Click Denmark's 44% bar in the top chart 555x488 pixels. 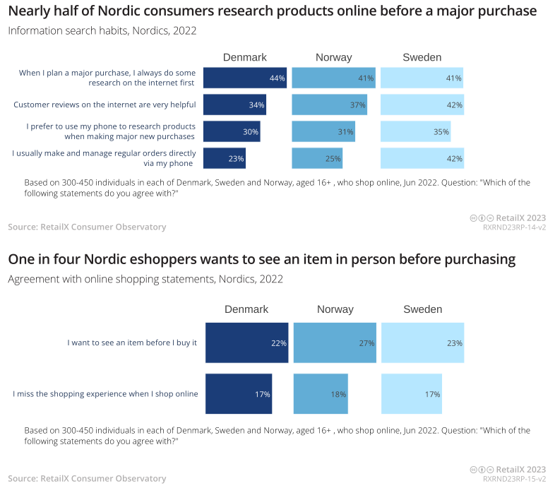(244, 78)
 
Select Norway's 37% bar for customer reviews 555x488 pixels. (329, 105)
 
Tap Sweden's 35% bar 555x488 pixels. (415, 131)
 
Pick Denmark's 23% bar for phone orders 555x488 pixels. (224, 158)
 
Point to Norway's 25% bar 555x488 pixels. (316, 158)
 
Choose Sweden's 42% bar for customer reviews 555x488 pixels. (422, 105)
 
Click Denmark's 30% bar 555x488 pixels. (231, 131)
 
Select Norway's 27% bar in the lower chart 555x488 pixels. (335, 343)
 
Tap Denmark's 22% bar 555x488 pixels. (246, 343)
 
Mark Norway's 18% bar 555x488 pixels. (320, 393)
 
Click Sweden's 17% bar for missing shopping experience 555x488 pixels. (411, 393)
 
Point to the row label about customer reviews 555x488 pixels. (105, 105)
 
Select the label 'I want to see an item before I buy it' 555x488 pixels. (132, 343)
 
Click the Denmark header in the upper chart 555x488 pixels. (244, 57)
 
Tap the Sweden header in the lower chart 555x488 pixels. (422, 309)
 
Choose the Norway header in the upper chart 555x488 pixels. (333, 57)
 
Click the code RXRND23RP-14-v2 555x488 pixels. (514, 227)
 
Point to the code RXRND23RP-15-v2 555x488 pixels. (514, 479)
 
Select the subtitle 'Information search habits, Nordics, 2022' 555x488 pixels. (102, 31)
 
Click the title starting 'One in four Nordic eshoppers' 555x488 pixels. (261, 259)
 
